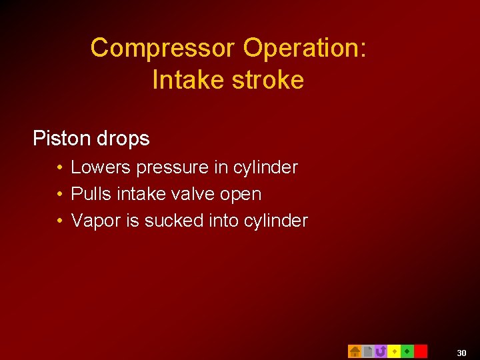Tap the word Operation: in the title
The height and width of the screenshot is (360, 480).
coord(305,48)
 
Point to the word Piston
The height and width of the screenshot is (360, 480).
coord(61,139)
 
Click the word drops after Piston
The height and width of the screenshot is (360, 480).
coord(123,139)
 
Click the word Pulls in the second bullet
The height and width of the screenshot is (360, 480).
coord(91,194)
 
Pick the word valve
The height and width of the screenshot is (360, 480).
coord(197,194)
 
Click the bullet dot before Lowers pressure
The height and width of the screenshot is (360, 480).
coord(60,167)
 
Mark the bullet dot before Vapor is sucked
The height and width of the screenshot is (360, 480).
coord(60,221)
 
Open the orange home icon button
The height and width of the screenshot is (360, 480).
coord(355,351)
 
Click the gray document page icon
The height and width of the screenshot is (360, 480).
coord(368,351)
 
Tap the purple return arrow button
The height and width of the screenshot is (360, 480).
coord(381,351)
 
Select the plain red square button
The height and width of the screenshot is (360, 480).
coord(421,351)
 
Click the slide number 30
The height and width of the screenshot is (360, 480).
coord(462,351)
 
